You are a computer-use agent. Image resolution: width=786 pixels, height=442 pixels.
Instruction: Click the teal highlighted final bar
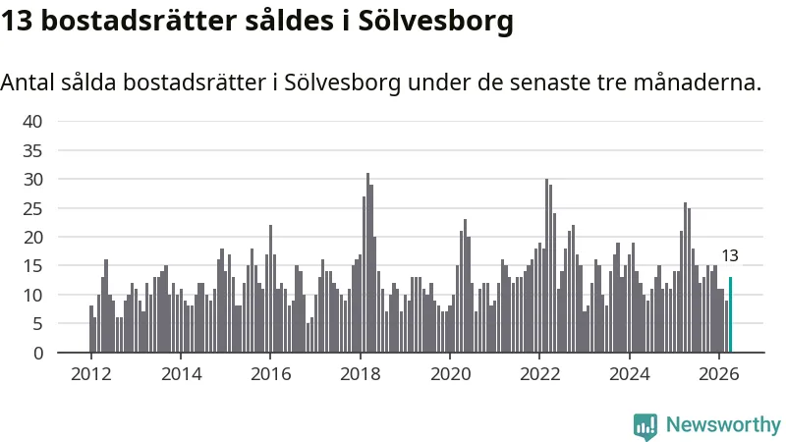coord(730,314)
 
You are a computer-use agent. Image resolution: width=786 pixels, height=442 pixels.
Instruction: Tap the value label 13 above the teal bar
coord(730,256)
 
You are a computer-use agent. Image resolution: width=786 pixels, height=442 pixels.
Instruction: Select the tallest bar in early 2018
coord(367,262)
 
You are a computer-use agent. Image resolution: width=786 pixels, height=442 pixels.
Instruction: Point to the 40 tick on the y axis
coord(32,121)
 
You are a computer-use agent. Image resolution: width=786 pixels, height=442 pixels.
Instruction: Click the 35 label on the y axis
coord(32,150)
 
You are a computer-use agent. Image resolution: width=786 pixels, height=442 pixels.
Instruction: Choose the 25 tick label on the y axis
coord(32,208)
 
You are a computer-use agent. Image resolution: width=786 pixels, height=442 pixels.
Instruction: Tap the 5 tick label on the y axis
coord(38,324)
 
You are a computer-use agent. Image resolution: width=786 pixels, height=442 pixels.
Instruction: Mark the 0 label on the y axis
coord(38,354)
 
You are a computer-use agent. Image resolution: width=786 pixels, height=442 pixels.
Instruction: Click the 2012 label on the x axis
coord(90,374)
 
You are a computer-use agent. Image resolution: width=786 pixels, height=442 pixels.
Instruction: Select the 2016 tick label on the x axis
coord(271,374)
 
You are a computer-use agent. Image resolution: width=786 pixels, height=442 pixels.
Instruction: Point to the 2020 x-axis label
coord(450,374)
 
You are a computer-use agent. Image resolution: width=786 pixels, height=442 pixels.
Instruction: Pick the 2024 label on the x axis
coord(629,374)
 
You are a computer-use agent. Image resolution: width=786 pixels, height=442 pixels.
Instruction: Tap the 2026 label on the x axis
coord(719,374)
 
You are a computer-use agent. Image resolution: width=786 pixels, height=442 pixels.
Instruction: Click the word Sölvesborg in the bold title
coord(435,22)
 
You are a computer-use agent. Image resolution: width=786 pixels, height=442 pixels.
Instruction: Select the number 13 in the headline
coord(17,21)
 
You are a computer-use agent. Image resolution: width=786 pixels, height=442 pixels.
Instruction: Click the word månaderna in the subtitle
coord(698,83)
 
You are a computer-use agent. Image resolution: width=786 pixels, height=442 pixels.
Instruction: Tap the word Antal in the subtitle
coord(28,83)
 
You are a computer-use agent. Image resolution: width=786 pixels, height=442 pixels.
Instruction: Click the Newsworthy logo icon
coord(646,426)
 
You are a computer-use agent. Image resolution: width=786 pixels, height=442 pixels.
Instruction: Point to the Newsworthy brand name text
coord(723,425)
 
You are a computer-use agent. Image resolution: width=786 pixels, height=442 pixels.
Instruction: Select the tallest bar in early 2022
coord(547,265)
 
